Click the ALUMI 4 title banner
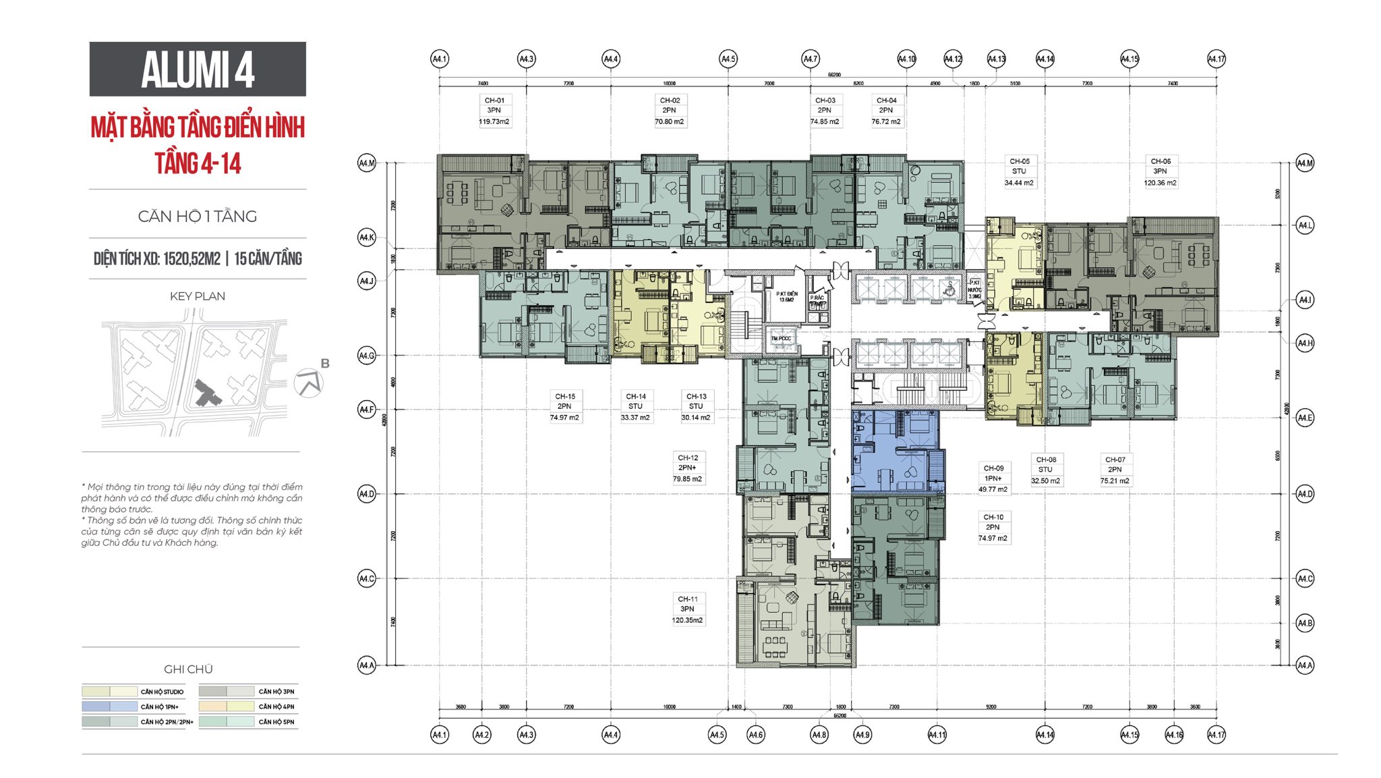(x=198, y=69)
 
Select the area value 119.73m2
(x=494, y=122)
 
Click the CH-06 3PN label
(x=1160, y=171)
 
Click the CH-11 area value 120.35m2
(x=687, y=620)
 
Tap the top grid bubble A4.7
(x=810, y=59)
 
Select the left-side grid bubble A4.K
(x=366, y=238)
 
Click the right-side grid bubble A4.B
(x=1305, y=623)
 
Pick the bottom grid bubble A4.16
(x=1174, y=735)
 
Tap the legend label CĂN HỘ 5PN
(x=276, y=722)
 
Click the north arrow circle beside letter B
(x=308, y=384)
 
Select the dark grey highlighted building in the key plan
(x=206, y=393)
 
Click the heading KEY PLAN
(x=197, y=296)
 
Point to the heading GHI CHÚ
(x=188, y=669)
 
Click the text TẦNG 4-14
(x=198, y=163)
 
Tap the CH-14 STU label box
(x=635, y=406)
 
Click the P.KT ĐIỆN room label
(x=786, y=296)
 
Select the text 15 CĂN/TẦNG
(x=268, y=259)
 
